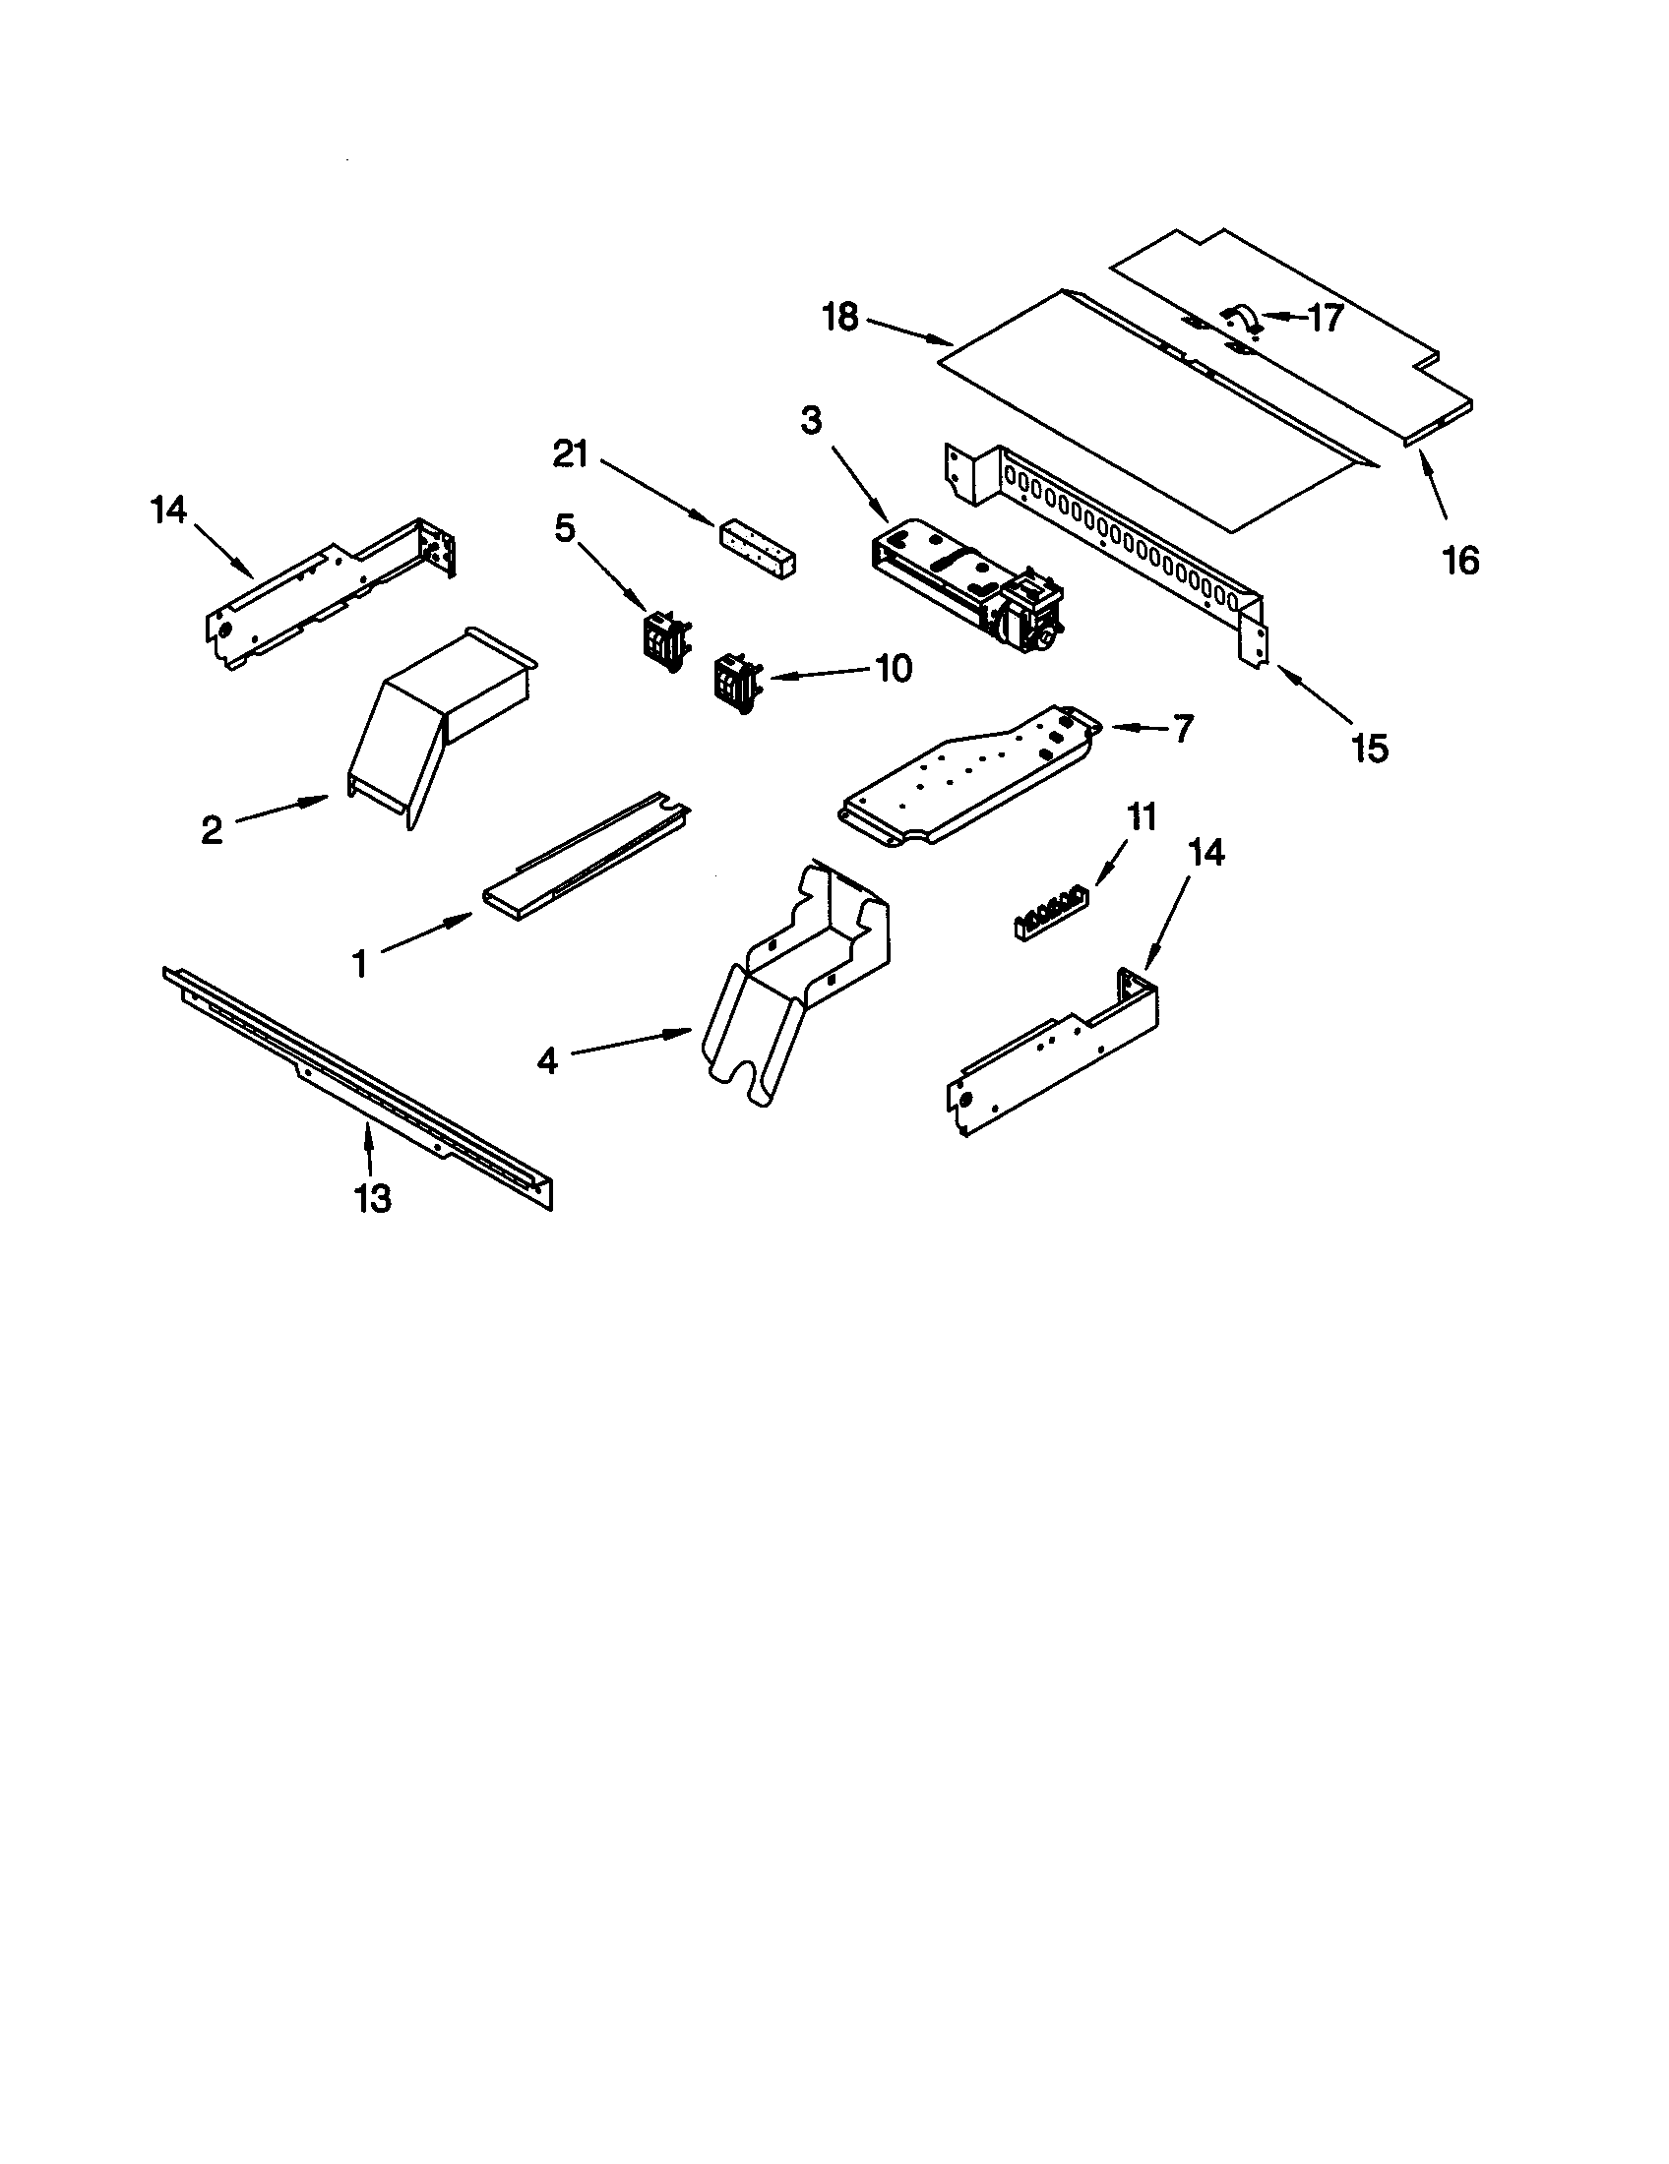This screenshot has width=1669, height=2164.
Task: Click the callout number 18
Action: point(840,319)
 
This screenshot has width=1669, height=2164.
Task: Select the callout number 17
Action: point(1326,318)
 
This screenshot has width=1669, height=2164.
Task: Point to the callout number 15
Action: point(1370,750)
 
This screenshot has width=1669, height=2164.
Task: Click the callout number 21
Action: point(570,454)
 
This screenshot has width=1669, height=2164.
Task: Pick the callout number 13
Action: point(373,1199)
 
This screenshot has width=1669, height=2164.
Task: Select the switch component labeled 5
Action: point(662,636)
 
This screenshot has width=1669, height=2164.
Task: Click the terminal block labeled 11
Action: point(1048,913)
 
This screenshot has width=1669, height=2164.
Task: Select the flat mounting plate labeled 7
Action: point(971,776)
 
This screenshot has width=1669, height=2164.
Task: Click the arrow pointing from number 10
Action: point(819,674)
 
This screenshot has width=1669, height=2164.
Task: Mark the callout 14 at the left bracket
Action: point(168,511)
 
